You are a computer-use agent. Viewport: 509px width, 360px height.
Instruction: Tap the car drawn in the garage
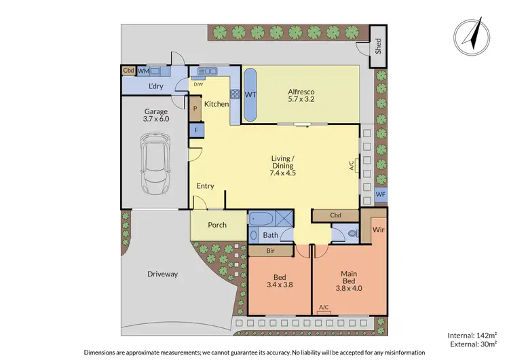click(155, 163)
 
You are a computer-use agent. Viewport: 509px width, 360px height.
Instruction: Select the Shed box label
click(379, 46)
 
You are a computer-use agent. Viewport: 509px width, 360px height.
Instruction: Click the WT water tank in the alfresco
click(250, 94)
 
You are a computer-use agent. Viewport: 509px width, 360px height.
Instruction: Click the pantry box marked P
click(195, 108)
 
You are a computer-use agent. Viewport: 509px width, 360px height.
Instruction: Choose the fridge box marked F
click(195, 129)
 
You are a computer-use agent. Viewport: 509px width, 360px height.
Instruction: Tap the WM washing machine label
click(143, 71)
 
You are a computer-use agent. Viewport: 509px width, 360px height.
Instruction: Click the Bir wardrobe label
click(271, 251)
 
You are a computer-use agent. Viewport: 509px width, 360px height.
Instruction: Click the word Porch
click(216, 225)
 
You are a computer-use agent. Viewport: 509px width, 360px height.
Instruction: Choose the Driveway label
click(162, 274)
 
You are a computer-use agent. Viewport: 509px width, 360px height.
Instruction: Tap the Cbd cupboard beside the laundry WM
click(128, 71)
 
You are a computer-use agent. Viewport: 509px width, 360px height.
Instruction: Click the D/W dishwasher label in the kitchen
click(198, 85)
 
